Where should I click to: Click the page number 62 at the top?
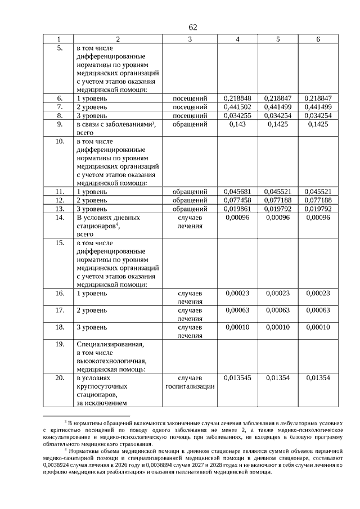(x=193, y=28)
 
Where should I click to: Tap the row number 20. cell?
(x=59, y=378)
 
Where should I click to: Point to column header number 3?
(x=190, y=39)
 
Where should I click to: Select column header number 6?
(x=318, y=39)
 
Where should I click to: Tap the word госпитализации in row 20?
(x=190, y=386)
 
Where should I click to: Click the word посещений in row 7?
(x=190, y=107)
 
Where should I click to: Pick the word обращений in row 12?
(x=190, y=200)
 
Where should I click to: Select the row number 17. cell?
(x=59, y=310)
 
